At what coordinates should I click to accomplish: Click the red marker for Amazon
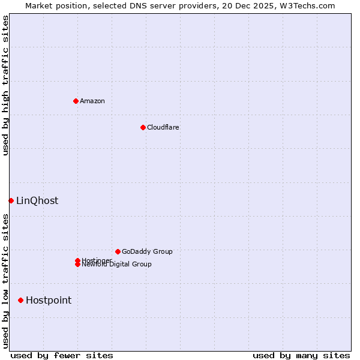(x=76, y=101)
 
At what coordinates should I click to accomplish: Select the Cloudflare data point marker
(x=143, y=127)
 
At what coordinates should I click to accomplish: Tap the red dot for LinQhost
(x=11, y=200)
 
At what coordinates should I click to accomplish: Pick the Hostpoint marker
(x=21, y=300)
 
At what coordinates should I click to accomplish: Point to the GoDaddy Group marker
(x=118, y=251)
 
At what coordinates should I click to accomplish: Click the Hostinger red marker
(x=77, y=260)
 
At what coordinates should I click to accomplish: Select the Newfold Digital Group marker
(x=77, y=265)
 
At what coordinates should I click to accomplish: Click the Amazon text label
(x=92, y=101)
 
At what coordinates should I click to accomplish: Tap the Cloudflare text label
(x=163, y=127)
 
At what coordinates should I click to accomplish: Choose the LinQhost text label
(x=37, y=200)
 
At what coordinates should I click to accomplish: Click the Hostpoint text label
(x=48, y=300)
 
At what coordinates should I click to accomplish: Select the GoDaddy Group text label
(x=147, y=251)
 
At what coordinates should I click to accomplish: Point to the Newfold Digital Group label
(x=116, y=265)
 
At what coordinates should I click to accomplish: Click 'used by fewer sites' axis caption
(x=62, y=355)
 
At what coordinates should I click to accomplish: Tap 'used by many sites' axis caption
(x=301, y=355)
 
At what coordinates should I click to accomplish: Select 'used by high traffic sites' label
(x=5, y=85)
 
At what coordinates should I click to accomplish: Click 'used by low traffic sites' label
(x=5, y=281)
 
